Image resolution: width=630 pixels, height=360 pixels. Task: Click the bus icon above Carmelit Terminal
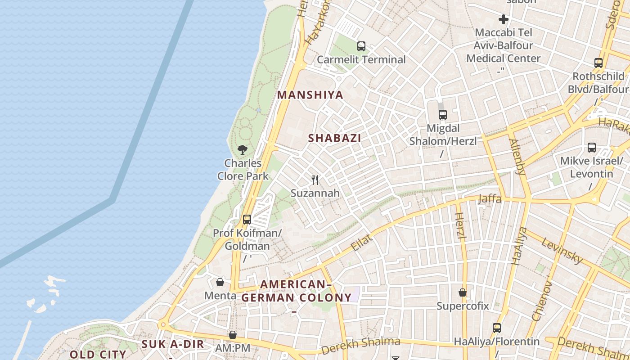(361, 46)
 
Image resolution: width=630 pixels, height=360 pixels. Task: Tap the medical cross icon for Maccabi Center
(503, 19)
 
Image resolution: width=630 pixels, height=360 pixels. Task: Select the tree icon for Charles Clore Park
(243, 150)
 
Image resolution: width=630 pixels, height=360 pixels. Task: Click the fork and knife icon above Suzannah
(315, 180)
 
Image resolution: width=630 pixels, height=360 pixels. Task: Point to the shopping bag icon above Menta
(220, 282)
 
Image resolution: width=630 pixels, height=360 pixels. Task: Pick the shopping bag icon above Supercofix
(462, 292)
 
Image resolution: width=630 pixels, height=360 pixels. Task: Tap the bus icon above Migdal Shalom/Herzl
(443, 115)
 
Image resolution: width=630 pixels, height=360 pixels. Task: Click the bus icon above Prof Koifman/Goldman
(247, 220)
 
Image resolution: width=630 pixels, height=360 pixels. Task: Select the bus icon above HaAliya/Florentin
(496, 328)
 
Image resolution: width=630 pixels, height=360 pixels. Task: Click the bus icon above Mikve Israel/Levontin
(591, 147)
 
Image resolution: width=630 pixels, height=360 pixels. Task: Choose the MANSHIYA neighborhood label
(310, 95)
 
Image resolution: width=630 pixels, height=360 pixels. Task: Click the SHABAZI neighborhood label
(334, 138)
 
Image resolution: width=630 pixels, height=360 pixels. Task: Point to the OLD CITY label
(98, 354)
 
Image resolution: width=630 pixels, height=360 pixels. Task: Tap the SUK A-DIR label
(173, 345)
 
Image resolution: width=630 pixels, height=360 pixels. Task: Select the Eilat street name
(361, 243)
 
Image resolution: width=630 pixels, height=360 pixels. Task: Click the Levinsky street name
(562, 251)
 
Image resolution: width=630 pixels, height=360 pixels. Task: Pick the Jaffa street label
(490, 198)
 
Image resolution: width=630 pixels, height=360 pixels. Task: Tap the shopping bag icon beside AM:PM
(232, 335)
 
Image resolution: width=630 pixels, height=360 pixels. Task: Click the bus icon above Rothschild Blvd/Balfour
(598, 63)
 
